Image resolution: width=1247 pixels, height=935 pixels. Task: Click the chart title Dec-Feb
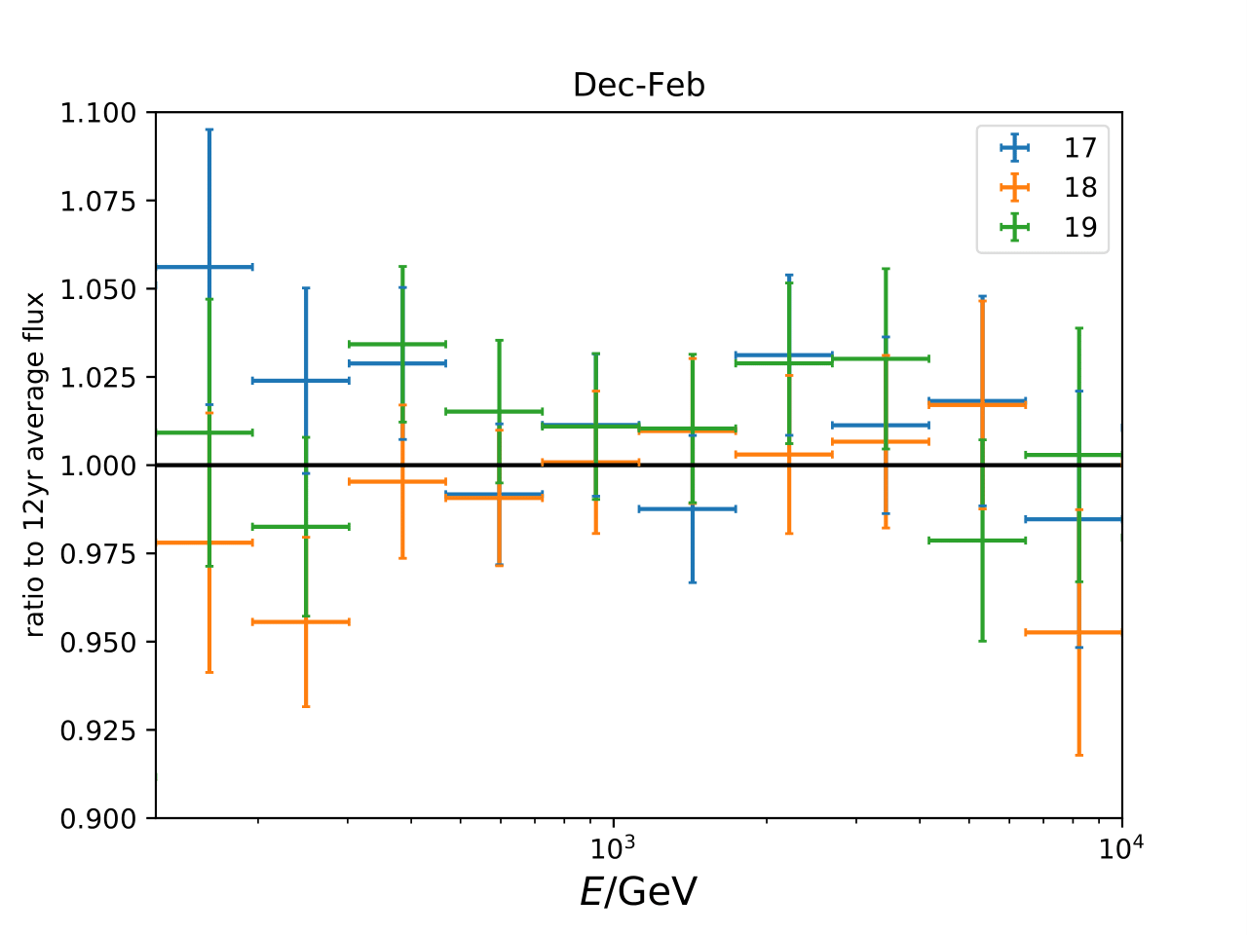pyautogui.click(x=638, y=86)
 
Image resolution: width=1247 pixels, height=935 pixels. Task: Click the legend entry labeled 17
pyautogui.click(x=1079, y=148)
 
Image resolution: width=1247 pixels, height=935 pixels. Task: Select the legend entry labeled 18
pyautogui.click(x=1079, y=187)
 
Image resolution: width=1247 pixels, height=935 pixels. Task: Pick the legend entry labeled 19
pyautogui.click(x=1079, y=227)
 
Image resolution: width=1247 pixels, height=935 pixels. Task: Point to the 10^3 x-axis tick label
pyautogui.click(x=613, y=847)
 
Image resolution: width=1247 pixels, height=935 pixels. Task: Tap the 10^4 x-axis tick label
pyautogui.click(x=1121, y=847)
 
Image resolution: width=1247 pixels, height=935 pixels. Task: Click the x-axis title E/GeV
pyautogui.click(x=638, y=891)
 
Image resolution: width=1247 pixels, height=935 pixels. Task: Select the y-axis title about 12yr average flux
pyautogui.click(x=35, y=466)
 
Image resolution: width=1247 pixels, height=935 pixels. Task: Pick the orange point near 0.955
pyautogui.click(x=306, y=621)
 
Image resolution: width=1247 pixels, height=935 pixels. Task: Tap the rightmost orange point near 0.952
pyautogui.click(x=1078, y=632)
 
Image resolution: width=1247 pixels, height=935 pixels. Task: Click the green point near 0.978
pyautogui.click(x=982, y=540)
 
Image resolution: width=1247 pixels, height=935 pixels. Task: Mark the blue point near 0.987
pyautogui.click(x=692, y=508)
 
